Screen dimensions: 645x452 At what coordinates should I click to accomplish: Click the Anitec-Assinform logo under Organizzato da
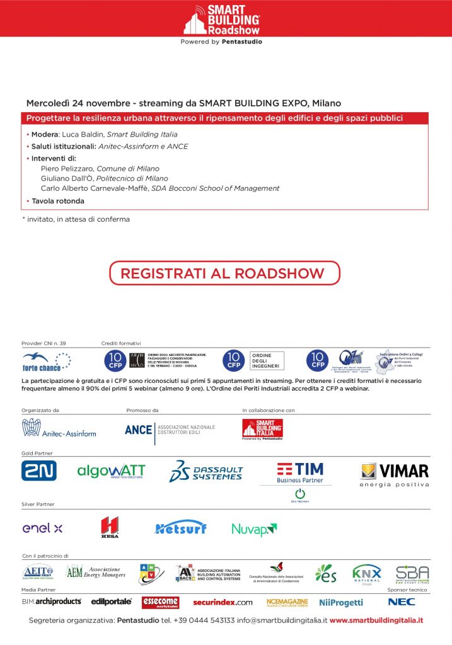point(59,428)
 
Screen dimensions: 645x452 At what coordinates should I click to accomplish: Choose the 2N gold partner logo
point(39,471)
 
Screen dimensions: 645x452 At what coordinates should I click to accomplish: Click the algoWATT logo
point(111,471)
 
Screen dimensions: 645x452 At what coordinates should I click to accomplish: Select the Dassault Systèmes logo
point(206,472)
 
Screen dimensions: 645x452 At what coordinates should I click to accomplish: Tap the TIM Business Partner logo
point(300,473)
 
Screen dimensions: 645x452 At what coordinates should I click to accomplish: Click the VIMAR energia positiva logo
point(395,474)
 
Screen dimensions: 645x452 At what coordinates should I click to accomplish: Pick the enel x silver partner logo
point(42,528)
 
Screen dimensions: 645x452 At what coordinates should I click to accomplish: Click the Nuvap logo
point(254,529)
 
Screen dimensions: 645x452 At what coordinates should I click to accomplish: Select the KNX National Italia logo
point(366,574)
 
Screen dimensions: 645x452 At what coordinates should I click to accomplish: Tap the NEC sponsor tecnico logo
point(402,602)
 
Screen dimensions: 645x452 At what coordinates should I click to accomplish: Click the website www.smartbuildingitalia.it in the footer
point(376,620)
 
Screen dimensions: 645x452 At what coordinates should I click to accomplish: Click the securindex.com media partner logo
point(223,602)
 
